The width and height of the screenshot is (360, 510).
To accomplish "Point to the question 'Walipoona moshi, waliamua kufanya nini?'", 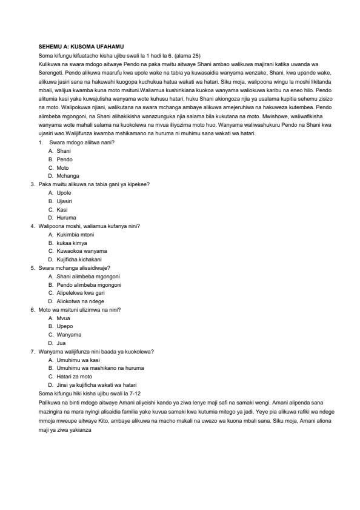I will click(x=89, y=226).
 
